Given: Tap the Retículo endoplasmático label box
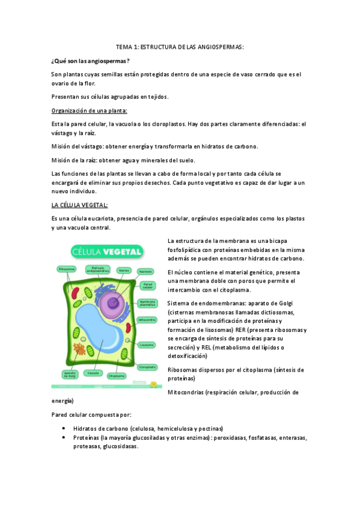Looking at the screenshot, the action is [98, 270].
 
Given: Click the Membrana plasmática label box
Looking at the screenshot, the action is [147, 303].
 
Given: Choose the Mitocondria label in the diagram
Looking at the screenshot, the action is [147, 319].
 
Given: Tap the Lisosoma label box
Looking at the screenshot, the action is [146, 345].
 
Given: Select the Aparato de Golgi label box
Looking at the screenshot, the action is [69, 374].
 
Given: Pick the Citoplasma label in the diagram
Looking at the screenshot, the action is [116, 375].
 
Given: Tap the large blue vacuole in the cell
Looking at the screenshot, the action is [102, 330].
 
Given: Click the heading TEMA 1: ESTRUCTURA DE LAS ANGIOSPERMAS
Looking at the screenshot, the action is [180, 46].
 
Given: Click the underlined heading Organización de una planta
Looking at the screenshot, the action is [90, 110].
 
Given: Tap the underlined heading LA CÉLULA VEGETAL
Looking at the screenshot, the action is [79, 204].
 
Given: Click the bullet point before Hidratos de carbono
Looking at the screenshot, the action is [64, 428].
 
